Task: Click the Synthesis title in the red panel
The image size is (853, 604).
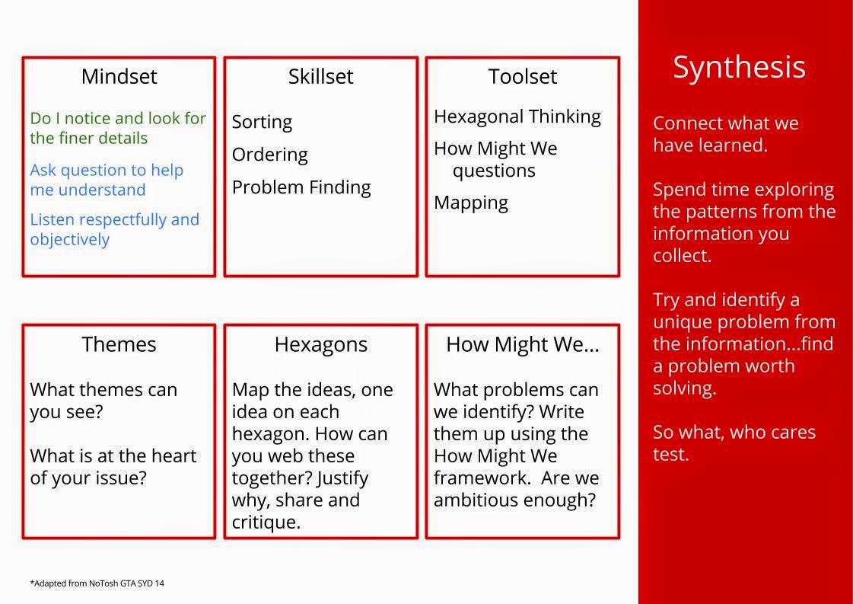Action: pyautogui.click(x=739, y=68)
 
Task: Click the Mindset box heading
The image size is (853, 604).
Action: pyautogui.click(x=119, y=77)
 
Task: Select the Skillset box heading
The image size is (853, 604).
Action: pyautogui.click(x=320, y=77)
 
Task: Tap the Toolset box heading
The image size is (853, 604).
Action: pyautogui.click(x=522, y=77)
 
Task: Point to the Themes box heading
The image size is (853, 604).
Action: pyautogui.click(x=119, y=345)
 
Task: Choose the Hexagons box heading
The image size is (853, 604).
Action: pyautogui.click(x=320, y=345)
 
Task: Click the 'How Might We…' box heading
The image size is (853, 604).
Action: pyautogui.click(x=522, y=345)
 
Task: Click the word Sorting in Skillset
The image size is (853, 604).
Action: pyautogui.click(x=262, y=123)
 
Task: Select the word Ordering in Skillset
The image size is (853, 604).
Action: pyautogui.click(x=269, y=155)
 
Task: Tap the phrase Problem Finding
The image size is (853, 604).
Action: pyautogui.click(x=301, y=187)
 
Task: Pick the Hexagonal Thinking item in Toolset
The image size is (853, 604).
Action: pyautogui.click(x=517, y=117)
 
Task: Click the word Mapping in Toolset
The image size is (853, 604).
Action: pyautogui.click(x=470, y=203)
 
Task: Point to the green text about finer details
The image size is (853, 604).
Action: pyautogui.click(x=118, y=128)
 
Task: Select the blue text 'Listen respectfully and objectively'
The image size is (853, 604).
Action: pyautogui.click(x=114, y=229)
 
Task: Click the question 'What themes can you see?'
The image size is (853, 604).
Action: pyautogui.click(x=103, y=401)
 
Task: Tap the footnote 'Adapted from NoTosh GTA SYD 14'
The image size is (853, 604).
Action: pyautogui.click(x=97, y=583)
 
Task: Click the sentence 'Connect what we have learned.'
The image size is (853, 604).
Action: pyautogui.click(x=725, y=134)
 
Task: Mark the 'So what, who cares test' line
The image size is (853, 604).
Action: pyautogui.click(x=734, y=443)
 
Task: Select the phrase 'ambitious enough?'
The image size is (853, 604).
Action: pyautogui.click(x=514, y=500)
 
